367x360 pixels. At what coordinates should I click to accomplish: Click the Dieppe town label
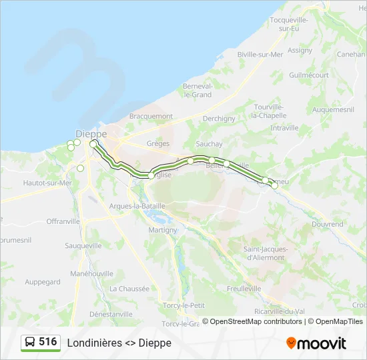[x=91, y=133]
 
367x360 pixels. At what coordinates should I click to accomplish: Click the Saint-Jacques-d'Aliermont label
[x=266, y=253]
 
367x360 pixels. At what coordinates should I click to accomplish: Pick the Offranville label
[x=63, y=221]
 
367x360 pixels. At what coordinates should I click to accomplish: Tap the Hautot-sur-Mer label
[x=47, y=183]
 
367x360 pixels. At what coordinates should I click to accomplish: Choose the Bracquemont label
[x=151, y=116]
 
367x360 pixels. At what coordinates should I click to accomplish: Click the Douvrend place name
[x=327, y=225]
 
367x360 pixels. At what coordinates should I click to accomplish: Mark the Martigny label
[x=163, y=230]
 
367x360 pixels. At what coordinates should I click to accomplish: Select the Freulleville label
[x=244, y=289]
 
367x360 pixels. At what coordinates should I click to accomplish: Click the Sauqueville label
[x=83, y=245]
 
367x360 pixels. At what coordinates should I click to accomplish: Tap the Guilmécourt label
[x=309, y=75]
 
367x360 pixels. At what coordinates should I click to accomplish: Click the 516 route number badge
[x=47, y=342]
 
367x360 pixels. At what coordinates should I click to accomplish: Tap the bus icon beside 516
[x=30, y=343]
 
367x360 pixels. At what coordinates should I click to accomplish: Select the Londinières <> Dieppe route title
[x=119, y=343]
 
